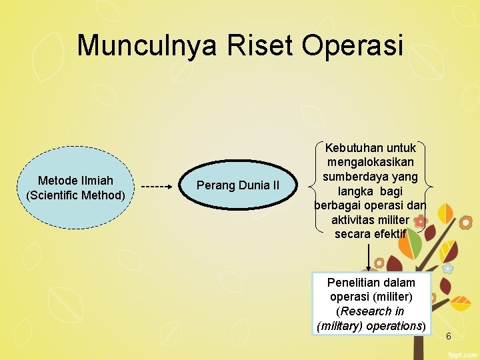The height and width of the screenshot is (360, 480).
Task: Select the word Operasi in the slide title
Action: coord(353,45)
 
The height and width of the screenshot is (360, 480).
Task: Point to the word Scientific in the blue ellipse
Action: coord(53,195)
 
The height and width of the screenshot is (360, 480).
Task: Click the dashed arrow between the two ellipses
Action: coord(157,187)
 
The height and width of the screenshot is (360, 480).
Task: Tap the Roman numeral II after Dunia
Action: coord(275,185)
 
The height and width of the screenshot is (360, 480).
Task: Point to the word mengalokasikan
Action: coord(370,162)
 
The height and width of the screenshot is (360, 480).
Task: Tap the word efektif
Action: coord(390,234)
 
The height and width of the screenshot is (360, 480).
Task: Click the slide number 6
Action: coord(448,336)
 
